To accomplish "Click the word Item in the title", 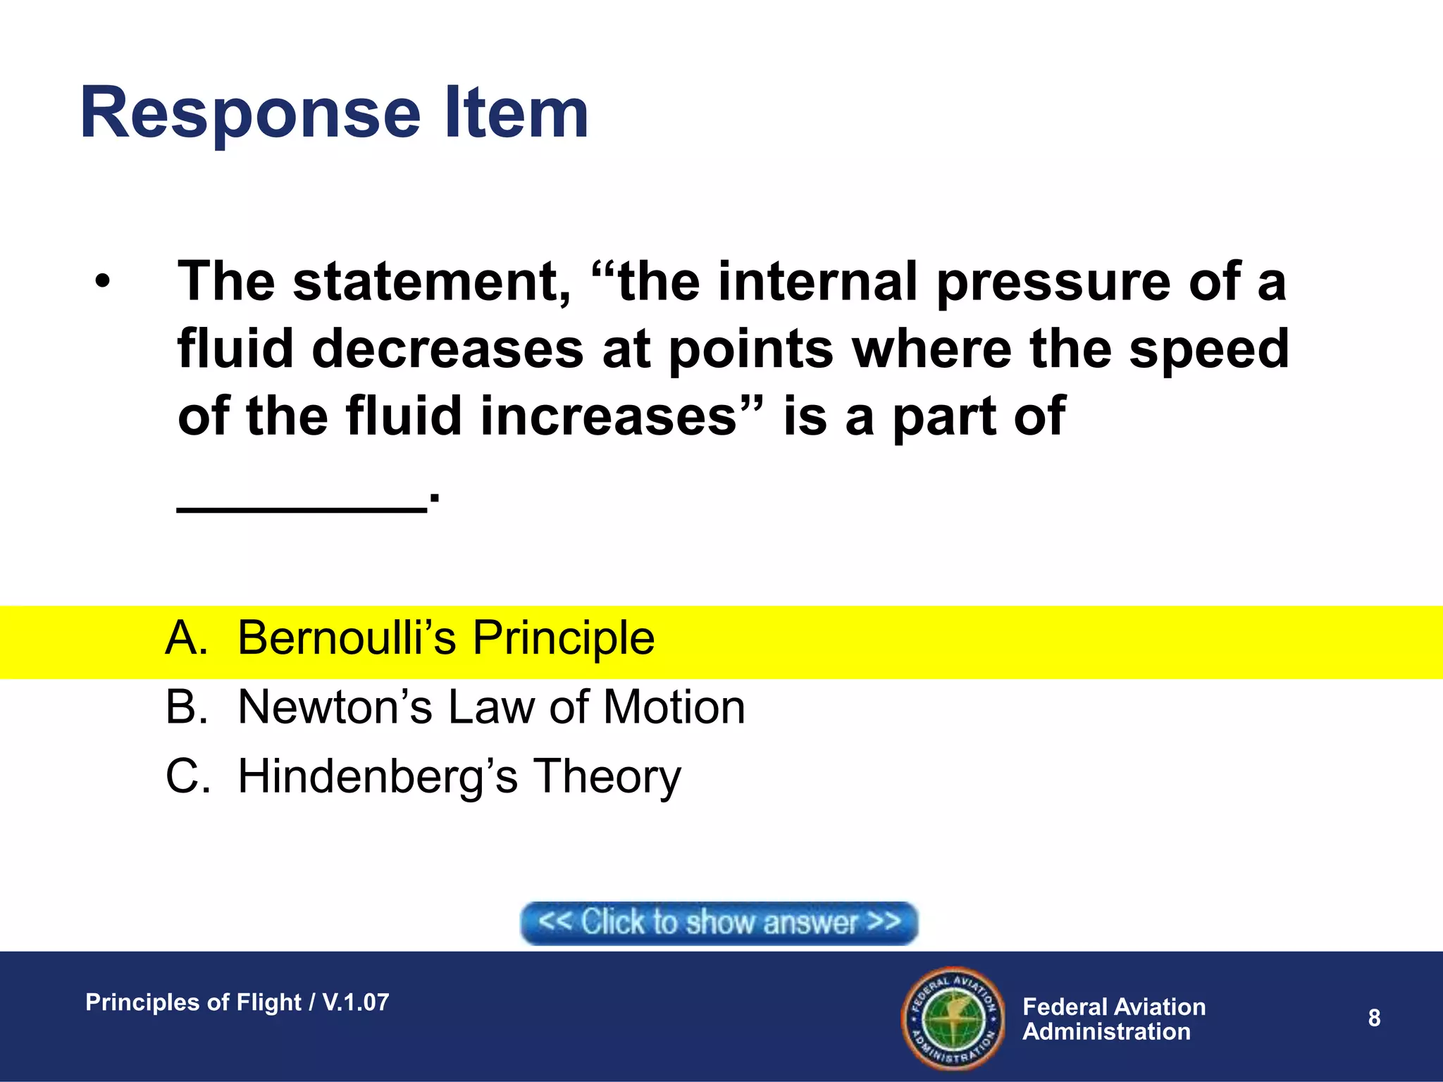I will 516,113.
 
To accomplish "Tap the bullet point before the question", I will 103,282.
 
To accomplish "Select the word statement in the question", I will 431,282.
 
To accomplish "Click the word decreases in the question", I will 447,349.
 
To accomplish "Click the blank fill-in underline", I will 302,505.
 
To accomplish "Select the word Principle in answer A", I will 563,638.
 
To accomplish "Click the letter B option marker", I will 187,707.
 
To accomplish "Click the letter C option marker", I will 187,776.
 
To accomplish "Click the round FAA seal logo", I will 953,1019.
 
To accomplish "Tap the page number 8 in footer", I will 1374,1018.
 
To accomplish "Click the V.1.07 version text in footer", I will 356,1002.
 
